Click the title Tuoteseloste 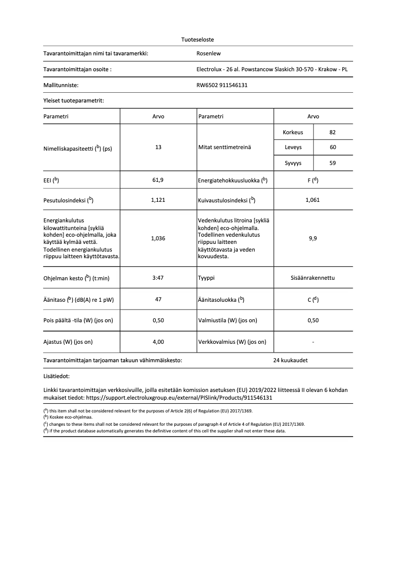197,39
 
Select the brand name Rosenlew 209,53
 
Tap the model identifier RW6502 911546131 222,85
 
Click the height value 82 333,132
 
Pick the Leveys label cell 293,148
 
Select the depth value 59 333,163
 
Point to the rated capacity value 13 158,148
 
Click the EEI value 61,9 158,180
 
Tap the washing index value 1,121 158,200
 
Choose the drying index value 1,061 313,200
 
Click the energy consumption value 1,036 158,238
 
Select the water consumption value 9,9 313,238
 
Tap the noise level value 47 158,299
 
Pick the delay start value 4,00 158,341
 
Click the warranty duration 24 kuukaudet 291,360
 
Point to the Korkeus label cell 293,132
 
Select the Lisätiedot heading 56,377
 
